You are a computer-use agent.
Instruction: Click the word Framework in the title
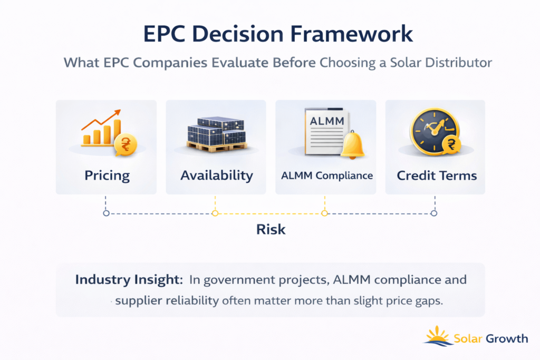(351, 34)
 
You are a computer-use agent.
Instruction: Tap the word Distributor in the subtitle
(458, 63)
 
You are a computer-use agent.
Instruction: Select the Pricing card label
(107, 176)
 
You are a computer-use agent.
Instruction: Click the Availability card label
(217, 176)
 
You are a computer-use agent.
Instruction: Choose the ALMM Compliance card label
(327, 176)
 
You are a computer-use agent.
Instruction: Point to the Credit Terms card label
(437, 176)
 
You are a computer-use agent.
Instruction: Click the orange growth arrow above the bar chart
(101, 119)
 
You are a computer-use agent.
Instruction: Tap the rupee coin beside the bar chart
(126, 144)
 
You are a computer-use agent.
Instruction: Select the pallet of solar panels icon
(216, 134)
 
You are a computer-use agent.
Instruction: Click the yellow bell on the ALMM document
(352, 145)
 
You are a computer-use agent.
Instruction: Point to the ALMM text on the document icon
(326, 121)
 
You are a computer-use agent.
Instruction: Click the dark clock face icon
(434, 131)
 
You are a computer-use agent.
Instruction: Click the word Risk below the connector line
(271, 230)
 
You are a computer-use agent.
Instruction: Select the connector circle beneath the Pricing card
(106, 213)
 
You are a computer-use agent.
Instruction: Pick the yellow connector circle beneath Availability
(215, 213)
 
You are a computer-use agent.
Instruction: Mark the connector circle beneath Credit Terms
(434, 213)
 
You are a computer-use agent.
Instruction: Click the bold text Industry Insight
(129, 279)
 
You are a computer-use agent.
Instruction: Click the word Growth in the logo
(507, 339)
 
